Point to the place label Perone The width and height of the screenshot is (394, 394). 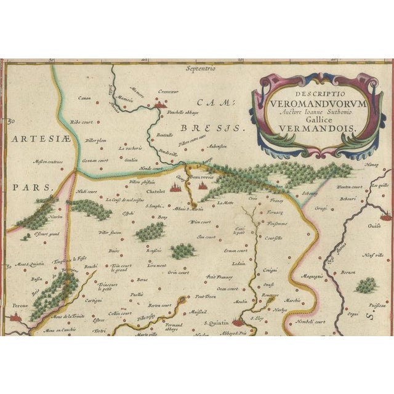[x=19, y=306]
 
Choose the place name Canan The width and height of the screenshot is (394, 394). [x=84, y=98]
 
